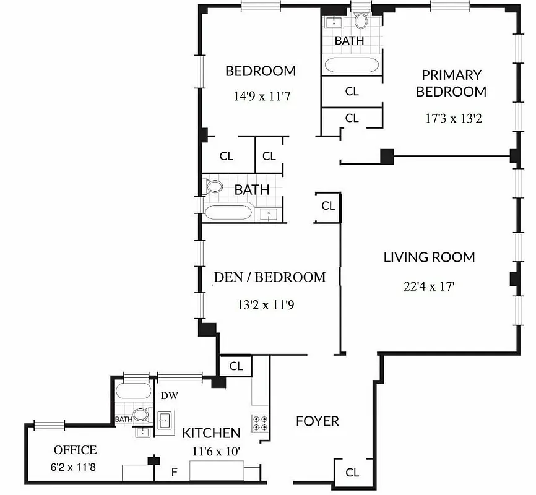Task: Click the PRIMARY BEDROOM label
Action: click(451, 83)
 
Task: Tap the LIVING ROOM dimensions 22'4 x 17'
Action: click(429, 286)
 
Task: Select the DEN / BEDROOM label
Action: click(269, 277)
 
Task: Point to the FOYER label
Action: click(317, 421)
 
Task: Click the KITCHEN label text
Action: click(211, 433)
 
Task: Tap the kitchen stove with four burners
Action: click(259, 423)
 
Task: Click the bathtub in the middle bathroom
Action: click(229, 214)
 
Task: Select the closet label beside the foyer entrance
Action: click(352, 473)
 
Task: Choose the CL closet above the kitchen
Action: click(236, 366)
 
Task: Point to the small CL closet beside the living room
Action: click(328, 205)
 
